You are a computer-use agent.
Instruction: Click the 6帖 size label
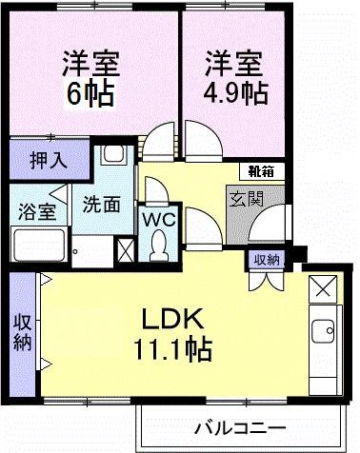point(90,93)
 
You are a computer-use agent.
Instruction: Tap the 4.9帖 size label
point(235,93)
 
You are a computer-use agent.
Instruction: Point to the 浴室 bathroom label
point(33,210)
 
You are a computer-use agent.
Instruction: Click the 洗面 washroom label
point(101,203)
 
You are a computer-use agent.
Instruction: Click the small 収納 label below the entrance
point(267,259)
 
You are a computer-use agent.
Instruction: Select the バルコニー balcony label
point(239,425)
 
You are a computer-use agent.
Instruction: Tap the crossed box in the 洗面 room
point(125,249)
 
